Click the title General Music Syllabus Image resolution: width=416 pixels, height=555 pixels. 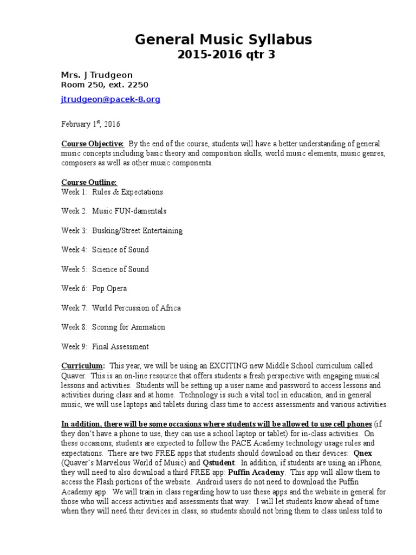coord(223,40)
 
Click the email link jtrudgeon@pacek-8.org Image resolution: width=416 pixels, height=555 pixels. coord(110,100)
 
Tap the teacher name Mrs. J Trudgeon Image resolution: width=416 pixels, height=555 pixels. coord(96,75)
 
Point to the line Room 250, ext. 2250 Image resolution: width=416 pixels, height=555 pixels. coord(105,85)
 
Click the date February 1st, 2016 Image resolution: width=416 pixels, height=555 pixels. coord(90,124)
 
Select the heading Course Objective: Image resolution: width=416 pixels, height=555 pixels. coord(93,144)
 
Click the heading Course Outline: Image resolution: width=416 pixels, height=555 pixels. coord(89,182)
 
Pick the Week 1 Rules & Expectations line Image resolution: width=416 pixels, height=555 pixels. coord(112,192)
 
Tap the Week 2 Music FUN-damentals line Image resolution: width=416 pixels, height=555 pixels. coord(114,211)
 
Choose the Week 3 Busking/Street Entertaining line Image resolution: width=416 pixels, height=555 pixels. coord(122,230)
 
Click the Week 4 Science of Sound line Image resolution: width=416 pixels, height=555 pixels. coord(105,250)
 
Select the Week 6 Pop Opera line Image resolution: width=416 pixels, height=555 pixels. coord(94,288)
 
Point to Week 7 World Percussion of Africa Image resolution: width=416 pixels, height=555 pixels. coord(121,308)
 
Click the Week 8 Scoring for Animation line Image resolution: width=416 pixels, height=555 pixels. coord(113,327)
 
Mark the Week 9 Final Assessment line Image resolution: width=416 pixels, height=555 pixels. coord(105,346)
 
